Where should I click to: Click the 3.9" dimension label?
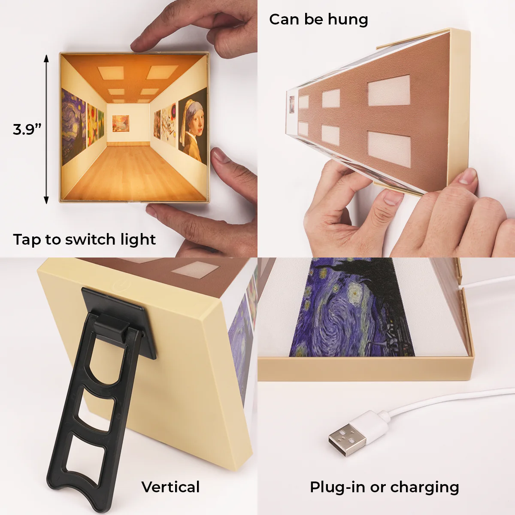[x=27, y=129]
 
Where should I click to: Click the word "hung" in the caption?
[x=348, y=20]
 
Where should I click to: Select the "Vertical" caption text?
[x=170, y=487]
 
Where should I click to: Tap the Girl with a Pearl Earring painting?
[x=193, y=124]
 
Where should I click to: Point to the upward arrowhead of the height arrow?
[x=46, y=58]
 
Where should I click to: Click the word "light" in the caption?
[x=137, y=240]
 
